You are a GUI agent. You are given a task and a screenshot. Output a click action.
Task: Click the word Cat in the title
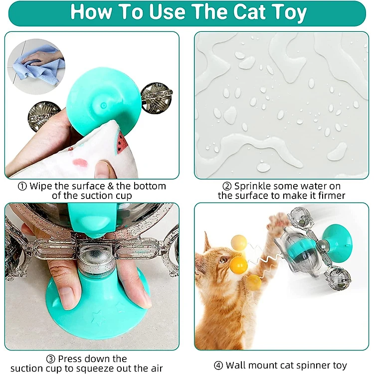(249, 11)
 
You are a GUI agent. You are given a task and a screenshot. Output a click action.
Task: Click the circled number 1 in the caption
(22, 187)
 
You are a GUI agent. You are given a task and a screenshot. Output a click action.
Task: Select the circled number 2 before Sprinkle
(227, 187)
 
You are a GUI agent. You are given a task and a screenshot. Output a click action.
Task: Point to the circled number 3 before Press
(50, 359)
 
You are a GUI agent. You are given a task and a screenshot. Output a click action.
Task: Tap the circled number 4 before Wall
(218, 366)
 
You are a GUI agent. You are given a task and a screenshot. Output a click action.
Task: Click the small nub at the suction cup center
(104, 105)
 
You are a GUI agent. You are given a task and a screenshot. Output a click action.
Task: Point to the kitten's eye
(223, 259)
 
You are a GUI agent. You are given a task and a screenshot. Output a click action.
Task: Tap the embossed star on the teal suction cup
(98, 318)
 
